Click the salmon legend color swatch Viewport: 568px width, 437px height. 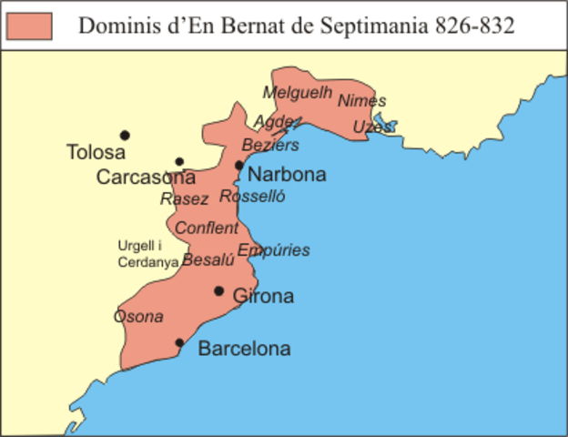[29, 25]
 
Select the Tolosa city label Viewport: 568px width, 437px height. [96, 153]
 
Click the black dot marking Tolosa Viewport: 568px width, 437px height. [125, 135]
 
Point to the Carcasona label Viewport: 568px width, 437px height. [146, 177]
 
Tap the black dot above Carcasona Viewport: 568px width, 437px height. [179, 162]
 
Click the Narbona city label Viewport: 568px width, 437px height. [287, 175]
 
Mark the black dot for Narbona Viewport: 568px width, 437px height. [238, 166]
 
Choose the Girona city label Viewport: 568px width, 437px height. [263, 296]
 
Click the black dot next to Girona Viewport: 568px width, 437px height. [218, 291]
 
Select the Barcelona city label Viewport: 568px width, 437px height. [244, 349]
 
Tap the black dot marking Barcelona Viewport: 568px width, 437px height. [179, 343]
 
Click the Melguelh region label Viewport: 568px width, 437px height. [292, 92]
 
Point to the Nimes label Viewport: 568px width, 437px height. [361, 101]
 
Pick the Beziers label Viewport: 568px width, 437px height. [269, 146]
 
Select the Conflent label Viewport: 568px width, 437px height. [207, 228]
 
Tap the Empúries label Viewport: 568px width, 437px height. [273, 250]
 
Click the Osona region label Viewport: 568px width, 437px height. [138, 317]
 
